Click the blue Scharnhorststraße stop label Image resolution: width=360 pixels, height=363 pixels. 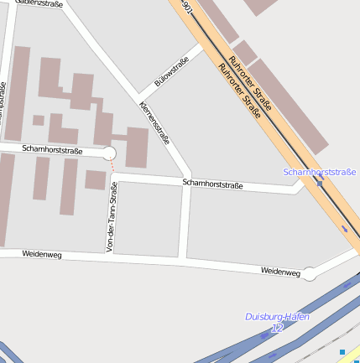(320, 172)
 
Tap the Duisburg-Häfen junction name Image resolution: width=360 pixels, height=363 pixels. (277, 317)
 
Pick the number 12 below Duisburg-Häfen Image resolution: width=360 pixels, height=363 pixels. (277, 327)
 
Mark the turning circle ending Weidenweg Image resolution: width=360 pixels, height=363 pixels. (310, 273)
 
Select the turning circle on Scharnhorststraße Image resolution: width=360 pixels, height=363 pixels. (108, 153)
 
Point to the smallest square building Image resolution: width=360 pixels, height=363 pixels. (39, 120)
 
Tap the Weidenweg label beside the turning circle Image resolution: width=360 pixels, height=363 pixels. (280, 272)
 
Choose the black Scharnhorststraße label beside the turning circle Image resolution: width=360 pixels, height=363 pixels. (52, 150)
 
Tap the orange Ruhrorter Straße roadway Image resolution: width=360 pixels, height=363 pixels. (277, 126)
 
